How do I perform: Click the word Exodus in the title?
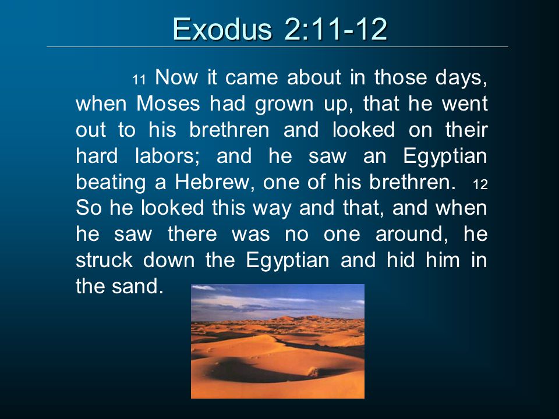(222, 29)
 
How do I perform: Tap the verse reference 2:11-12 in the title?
(335, 29)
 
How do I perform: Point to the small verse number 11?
(139, 80)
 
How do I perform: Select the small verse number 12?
(480, 184)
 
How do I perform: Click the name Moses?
(168, 104)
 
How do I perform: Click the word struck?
(104, 260)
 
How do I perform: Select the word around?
(412, 235)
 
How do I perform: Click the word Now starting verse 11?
(176, 77)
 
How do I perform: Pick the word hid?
(401, 260)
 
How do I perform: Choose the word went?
(465, 104)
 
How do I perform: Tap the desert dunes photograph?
(278, 342)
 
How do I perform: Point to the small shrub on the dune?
(313, 372)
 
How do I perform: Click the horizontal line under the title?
(277, 47)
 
